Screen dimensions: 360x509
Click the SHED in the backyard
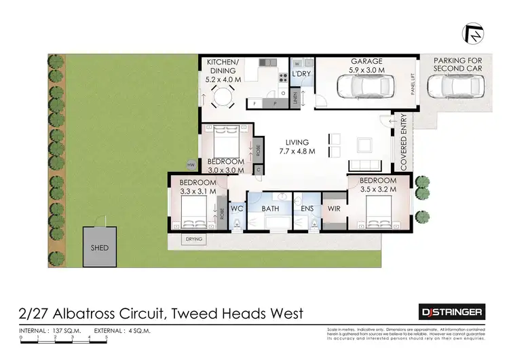pos(100,248)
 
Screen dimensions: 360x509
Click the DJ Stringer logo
pos(452,312)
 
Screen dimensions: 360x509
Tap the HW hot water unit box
pos(191,165)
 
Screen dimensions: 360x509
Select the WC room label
pos(237,209)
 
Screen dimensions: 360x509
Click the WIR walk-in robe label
pos(334,209)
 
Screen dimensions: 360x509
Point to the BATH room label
pos(271,209)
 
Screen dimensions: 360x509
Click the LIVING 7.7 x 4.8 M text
pos(297,147)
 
